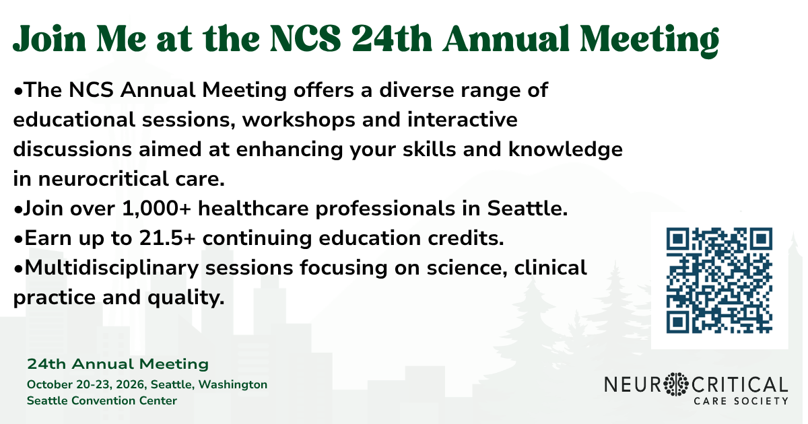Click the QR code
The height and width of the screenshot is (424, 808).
719,280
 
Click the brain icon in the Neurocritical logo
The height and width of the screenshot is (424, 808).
676,384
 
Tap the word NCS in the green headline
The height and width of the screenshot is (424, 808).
305,39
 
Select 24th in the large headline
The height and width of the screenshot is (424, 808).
392,39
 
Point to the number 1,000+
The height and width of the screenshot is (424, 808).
156,209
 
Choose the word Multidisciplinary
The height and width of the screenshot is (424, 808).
112,269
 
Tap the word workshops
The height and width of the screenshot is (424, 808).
299,120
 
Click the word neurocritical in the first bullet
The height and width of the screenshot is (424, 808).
104,179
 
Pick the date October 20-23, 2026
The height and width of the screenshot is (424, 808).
86,385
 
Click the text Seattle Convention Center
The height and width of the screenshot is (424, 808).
102,401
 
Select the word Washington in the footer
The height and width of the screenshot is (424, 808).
233,385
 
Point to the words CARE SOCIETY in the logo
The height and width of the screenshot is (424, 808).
741,401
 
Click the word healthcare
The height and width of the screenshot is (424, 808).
253,209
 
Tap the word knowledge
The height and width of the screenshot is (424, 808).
566,149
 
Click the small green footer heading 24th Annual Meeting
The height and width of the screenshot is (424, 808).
118,364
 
